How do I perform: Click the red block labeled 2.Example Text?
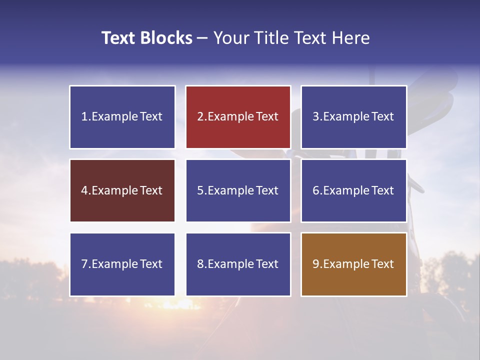pyautogui.click(x=238, y=117)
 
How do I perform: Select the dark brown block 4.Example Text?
pyautogui.click(x=122, y=190)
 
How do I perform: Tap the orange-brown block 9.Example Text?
pyautogui.click(x=353, y=264)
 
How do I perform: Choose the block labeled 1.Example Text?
pyautogui.click(x=122, y=117)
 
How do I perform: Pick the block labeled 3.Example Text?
pyautogui.click(x=353, y=117)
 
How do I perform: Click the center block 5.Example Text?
pyautogui.click(x=238, y=190)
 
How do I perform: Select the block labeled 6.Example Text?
pyautogui.click(x=353, y=190)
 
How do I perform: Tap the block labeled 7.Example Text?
pyautogui.click(x=122, y=264)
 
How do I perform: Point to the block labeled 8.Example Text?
pyautogui.click(x=238, y=264)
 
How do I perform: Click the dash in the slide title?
pyautogui.click(x=202, y=38)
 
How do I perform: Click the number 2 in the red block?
pyautogui.click(x=200, y=117)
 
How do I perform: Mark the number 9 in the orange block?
pyautogui.click(x=316, y=264)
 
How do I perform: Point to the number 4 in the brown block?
pyautogui.click(x=84, y=190)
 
